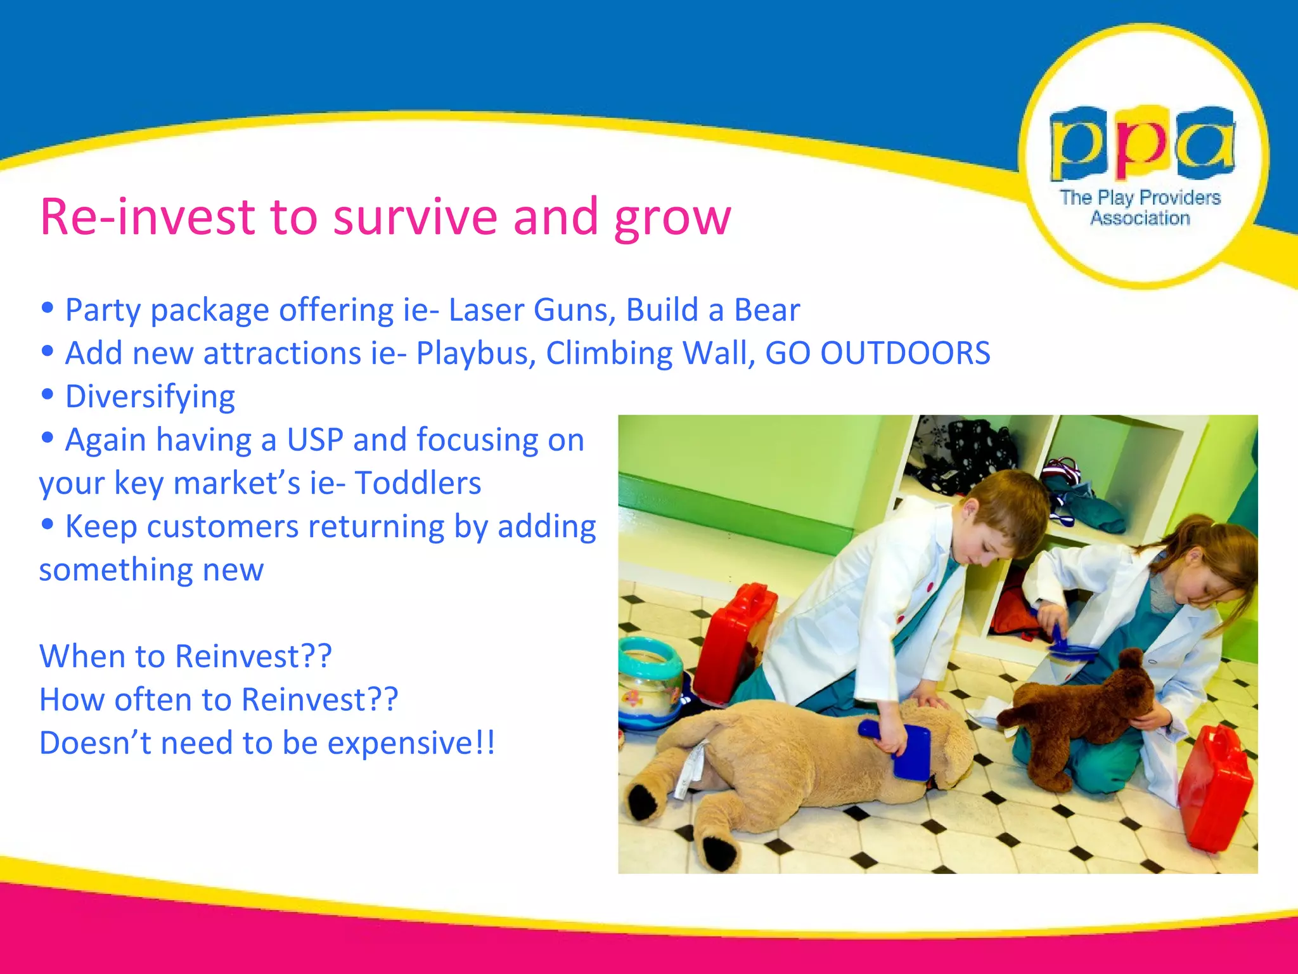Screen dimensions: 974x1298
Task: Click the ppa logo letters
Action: click(1141, 143)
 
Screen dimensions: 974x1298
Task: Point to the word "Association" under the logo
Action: click(1140, 219)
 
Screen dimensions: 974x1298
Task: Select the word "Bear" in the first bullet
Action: click(766, 311)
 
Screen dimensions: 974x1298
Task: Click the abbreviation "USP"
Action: click(315, 440)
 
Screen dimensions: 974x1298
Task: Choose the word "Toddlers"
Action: click(418, 483)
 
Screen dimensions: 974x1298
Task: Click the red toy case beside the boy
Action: click(732, 640)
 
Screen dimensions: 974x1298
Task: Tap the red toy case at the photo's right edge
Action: click(1214, 786)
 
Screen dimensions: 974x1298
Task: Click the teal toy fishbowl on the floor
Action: click(650, 682)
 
